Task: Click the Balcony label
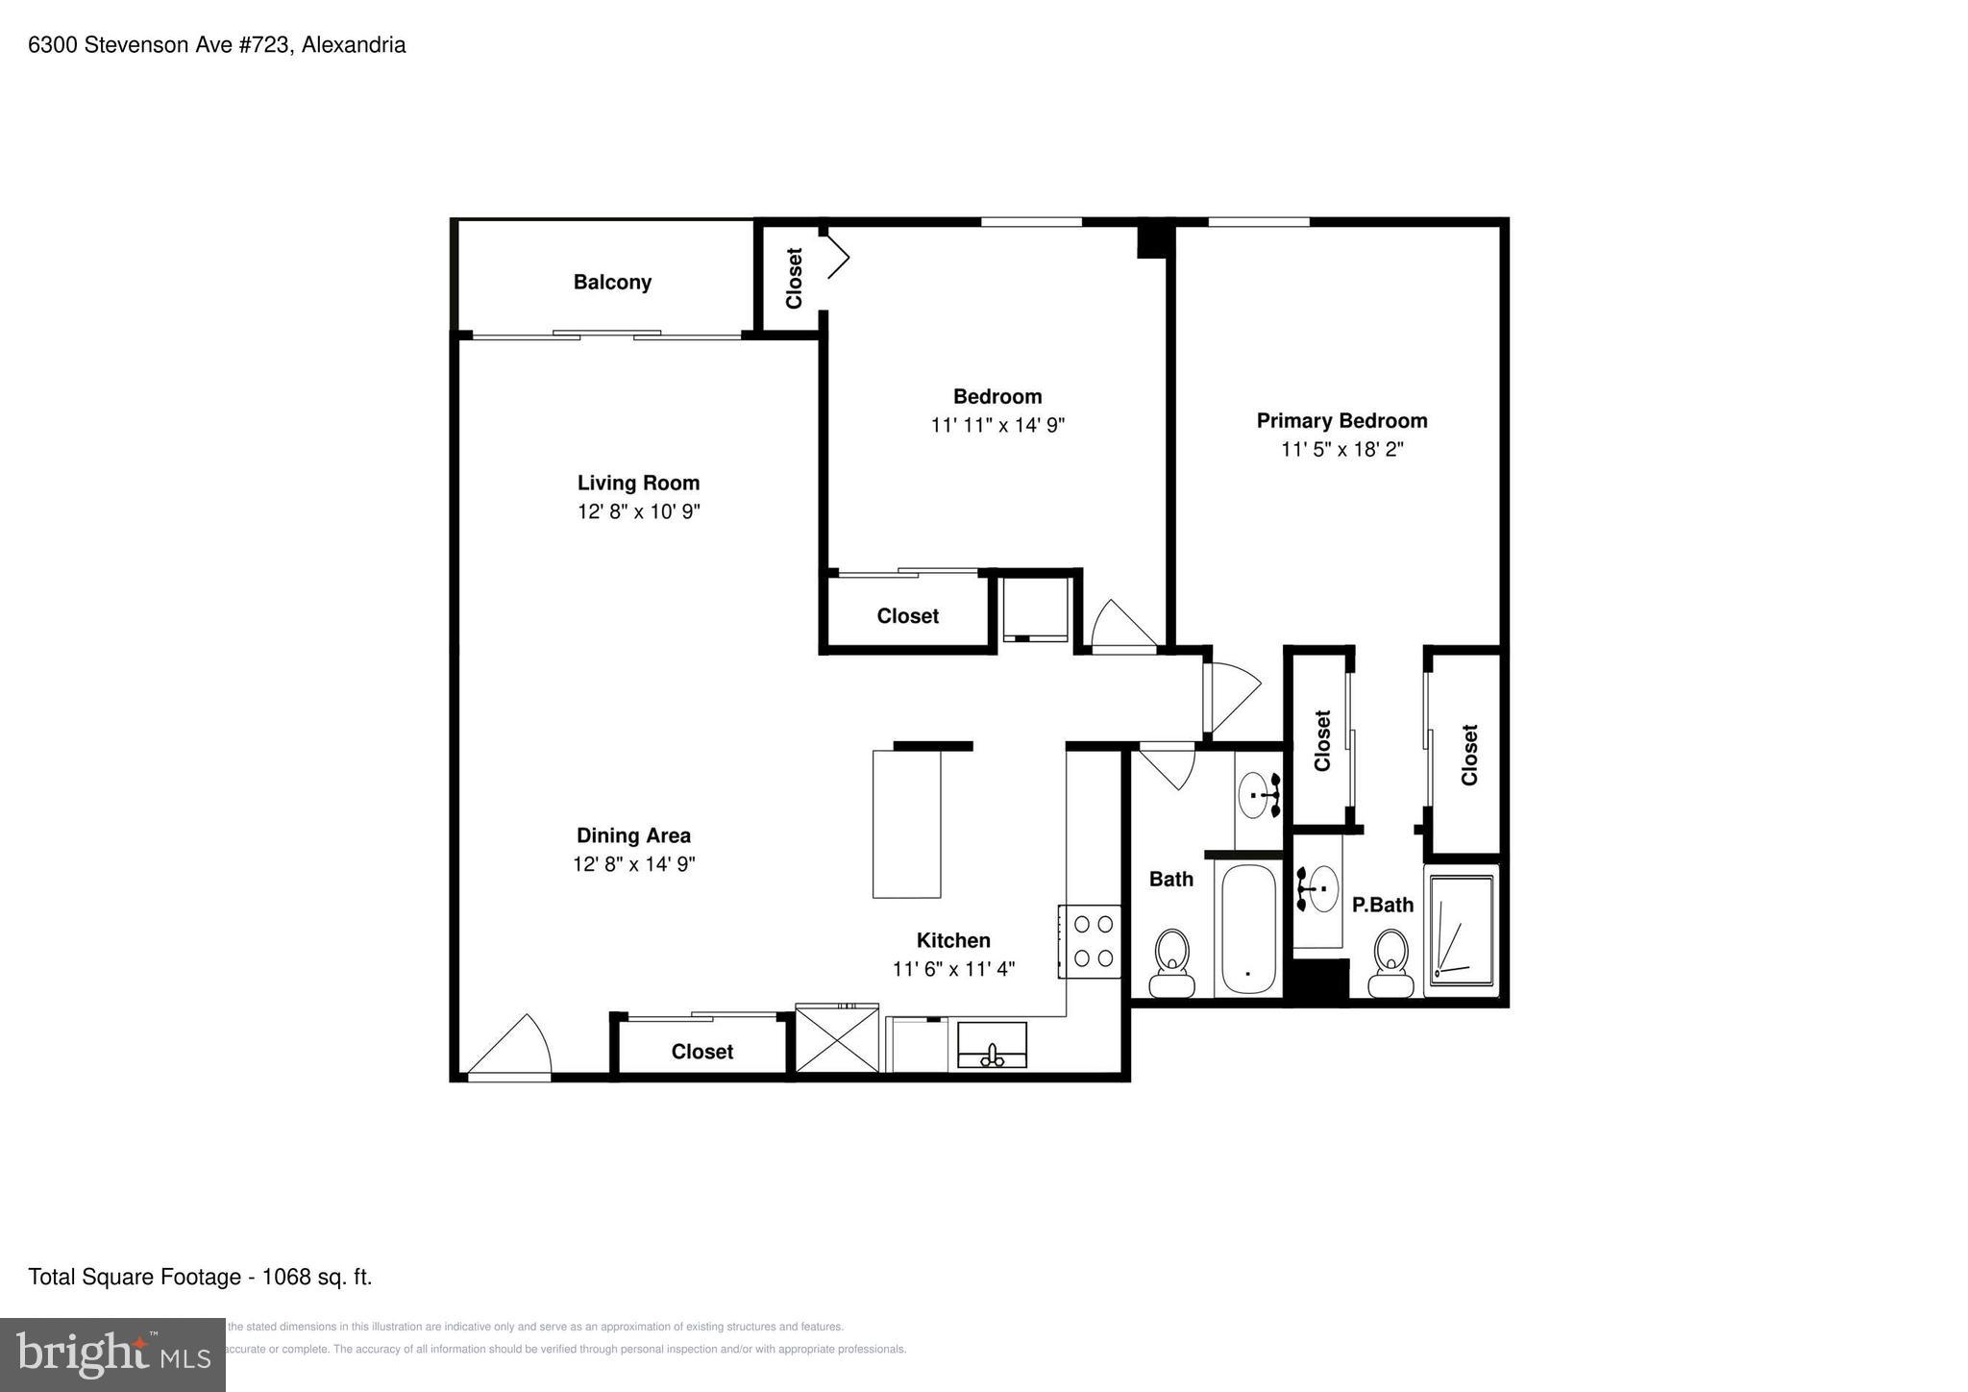coord(612,283)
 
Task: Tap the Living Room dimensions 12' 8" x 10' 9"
coord(638,511)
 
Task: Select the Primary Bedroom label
coord(1341,421)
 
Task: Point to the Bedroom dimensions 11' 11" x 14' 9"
coord(997,425)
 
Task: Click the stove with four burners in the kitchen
coord(1092,941)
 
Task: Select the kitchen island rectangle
coord(906,824)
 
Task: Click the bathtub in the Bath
coord(1246,930)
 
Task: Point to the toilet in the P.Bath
coord(1390,963)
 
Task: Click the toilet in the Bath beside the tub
coord(1171,963)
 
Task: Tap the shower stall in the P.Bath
coord(1461,931)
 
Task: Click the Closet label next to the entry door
coord(701,1052)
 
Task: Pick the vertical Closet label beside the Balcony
coord(794,279)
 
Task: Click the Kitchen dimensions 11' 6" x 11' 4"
coord(952,969)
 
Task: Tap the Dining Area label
coord(633,835)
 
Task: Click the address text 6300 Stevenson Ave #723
coord(160,45)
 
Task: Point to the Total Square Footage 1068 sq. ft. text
coord(200,1277)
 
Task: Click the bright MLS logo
coord(112,1355)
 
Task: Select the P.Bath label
coord(1382,905)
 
